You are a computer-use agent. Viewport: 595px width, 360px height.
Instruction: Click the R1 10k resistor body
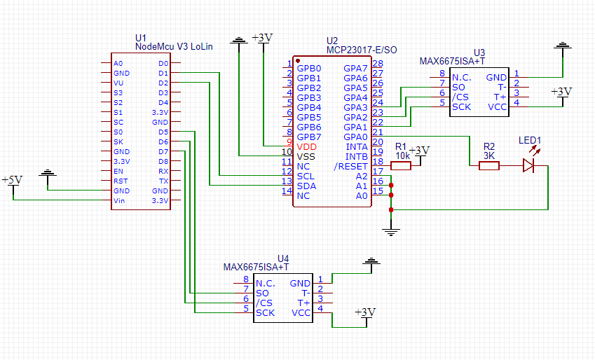(400, 166)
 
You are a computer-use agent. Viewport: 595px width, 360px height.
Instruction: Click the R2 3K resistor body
(488, 166)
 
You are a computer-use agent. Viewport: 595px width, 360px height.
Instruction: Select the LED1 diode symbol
(528, 166)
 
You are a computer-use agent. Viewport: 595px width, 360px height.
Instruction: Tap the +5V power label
(12, 180)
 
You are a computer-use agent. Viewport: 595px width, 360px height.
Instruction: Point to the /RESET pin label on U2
(351, 166)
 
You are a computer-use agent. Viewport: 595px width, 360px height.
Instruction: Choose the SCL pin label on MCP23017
(306, 176)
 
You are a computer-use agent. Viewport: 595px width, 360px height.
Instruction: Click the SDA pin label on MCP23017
(306, 186)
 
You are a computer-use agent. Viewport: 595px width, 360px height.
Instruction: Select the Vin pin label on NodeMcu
(120, 201)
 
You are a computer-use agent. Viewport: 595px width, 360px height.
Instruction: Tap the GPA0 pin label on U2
(355, 137)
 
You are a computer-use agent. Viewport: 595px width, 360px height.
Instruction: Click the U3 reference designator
(479, 53)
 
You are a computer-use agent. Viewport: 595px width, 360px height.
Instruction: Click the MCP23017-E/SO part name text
(362, 50)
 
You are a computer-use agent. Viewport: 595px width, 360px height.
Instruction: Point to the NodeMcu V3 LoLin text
(173, 46)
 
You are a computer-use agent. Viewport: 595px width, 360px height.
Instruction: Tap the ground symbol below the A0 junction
(391, 229)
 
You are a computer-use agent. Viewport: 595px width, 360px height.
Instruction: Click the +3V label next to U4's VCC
(364, 312)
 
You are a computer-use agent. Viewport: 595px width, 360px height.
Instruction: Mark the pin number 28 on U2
(378, 64)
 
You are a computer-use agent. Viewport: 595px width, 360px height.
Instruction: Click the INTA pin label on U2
(357, 146)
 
